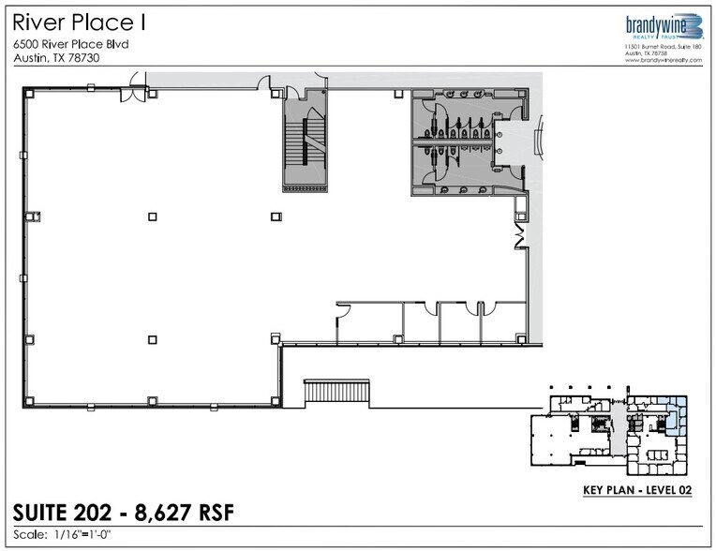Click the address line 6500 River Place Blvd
click(70, 44)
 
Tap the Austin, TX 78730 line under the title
click(57, 58)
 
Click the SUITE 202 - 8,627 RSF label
click(124, 513)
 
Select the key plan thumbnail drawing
click(609, 431)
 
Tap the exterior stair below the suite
click(336, 392)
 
